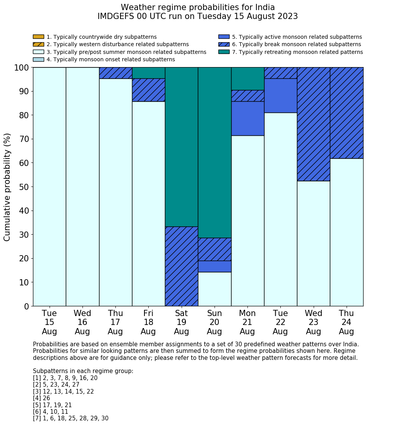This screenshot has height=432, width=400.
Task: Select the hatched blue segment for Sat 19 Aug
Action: click(181, 266)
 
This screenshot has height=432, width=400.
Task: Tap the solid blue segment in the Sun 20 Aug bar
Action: click(215, 266)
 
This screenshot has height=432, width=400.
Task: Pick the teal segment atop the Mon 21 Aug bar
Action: click(247, 79)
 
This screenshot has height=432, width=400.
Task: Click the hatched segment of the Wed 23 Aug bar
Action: click(313, 124)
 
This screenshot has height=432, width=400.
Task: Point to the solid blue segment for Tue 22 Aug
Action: click(280, 95)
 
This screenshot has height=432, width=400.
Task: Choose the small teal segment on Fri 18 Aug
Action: click(148, 73)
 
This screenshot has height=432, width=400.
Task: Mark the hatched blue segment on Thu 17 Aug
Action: click(115, 73)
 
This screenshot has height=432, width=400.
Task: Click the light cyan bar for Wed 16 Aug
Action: click(82, 187)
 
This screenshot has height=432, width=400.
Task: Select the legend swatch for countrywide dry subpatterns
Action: click(38, 37)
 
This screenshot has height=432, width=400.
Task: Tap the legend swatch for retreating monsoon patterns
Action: click(224, 52)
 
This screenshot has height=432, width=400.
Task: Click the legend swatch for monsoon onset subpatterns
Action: click(38, 59)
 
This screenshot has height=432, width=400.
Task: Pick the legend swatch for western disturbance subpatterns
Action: click(38, 44)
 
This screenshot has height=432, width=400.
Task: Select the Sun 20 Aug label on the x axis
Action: click(215, 322)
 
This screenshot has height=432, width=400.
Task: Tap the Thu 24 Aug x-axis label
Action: click(347, 322)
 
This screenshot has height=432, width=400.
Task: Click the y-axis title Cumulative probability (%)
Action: click(7, 187)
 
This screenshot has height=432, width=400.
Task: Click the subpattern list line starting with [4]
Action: click(41, 398)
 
